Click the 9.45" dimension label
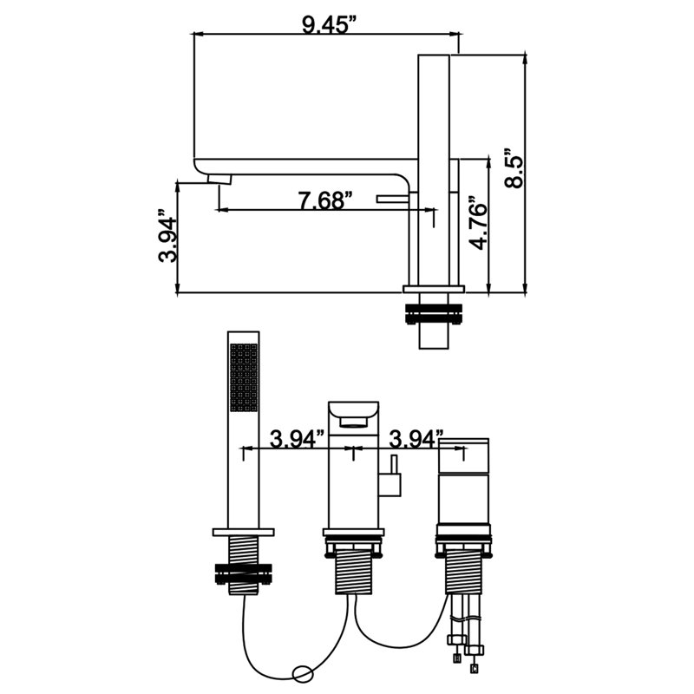(x=329, y=25)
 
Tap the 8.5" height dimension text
(x=514, y=167)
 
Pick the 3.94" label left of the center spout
(x=298, y=439)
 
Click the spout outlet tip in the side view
(x=219, y=180)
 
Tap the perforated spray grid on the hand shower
(x=244, y=377)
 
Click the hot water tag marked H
(x=457, y=659)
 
